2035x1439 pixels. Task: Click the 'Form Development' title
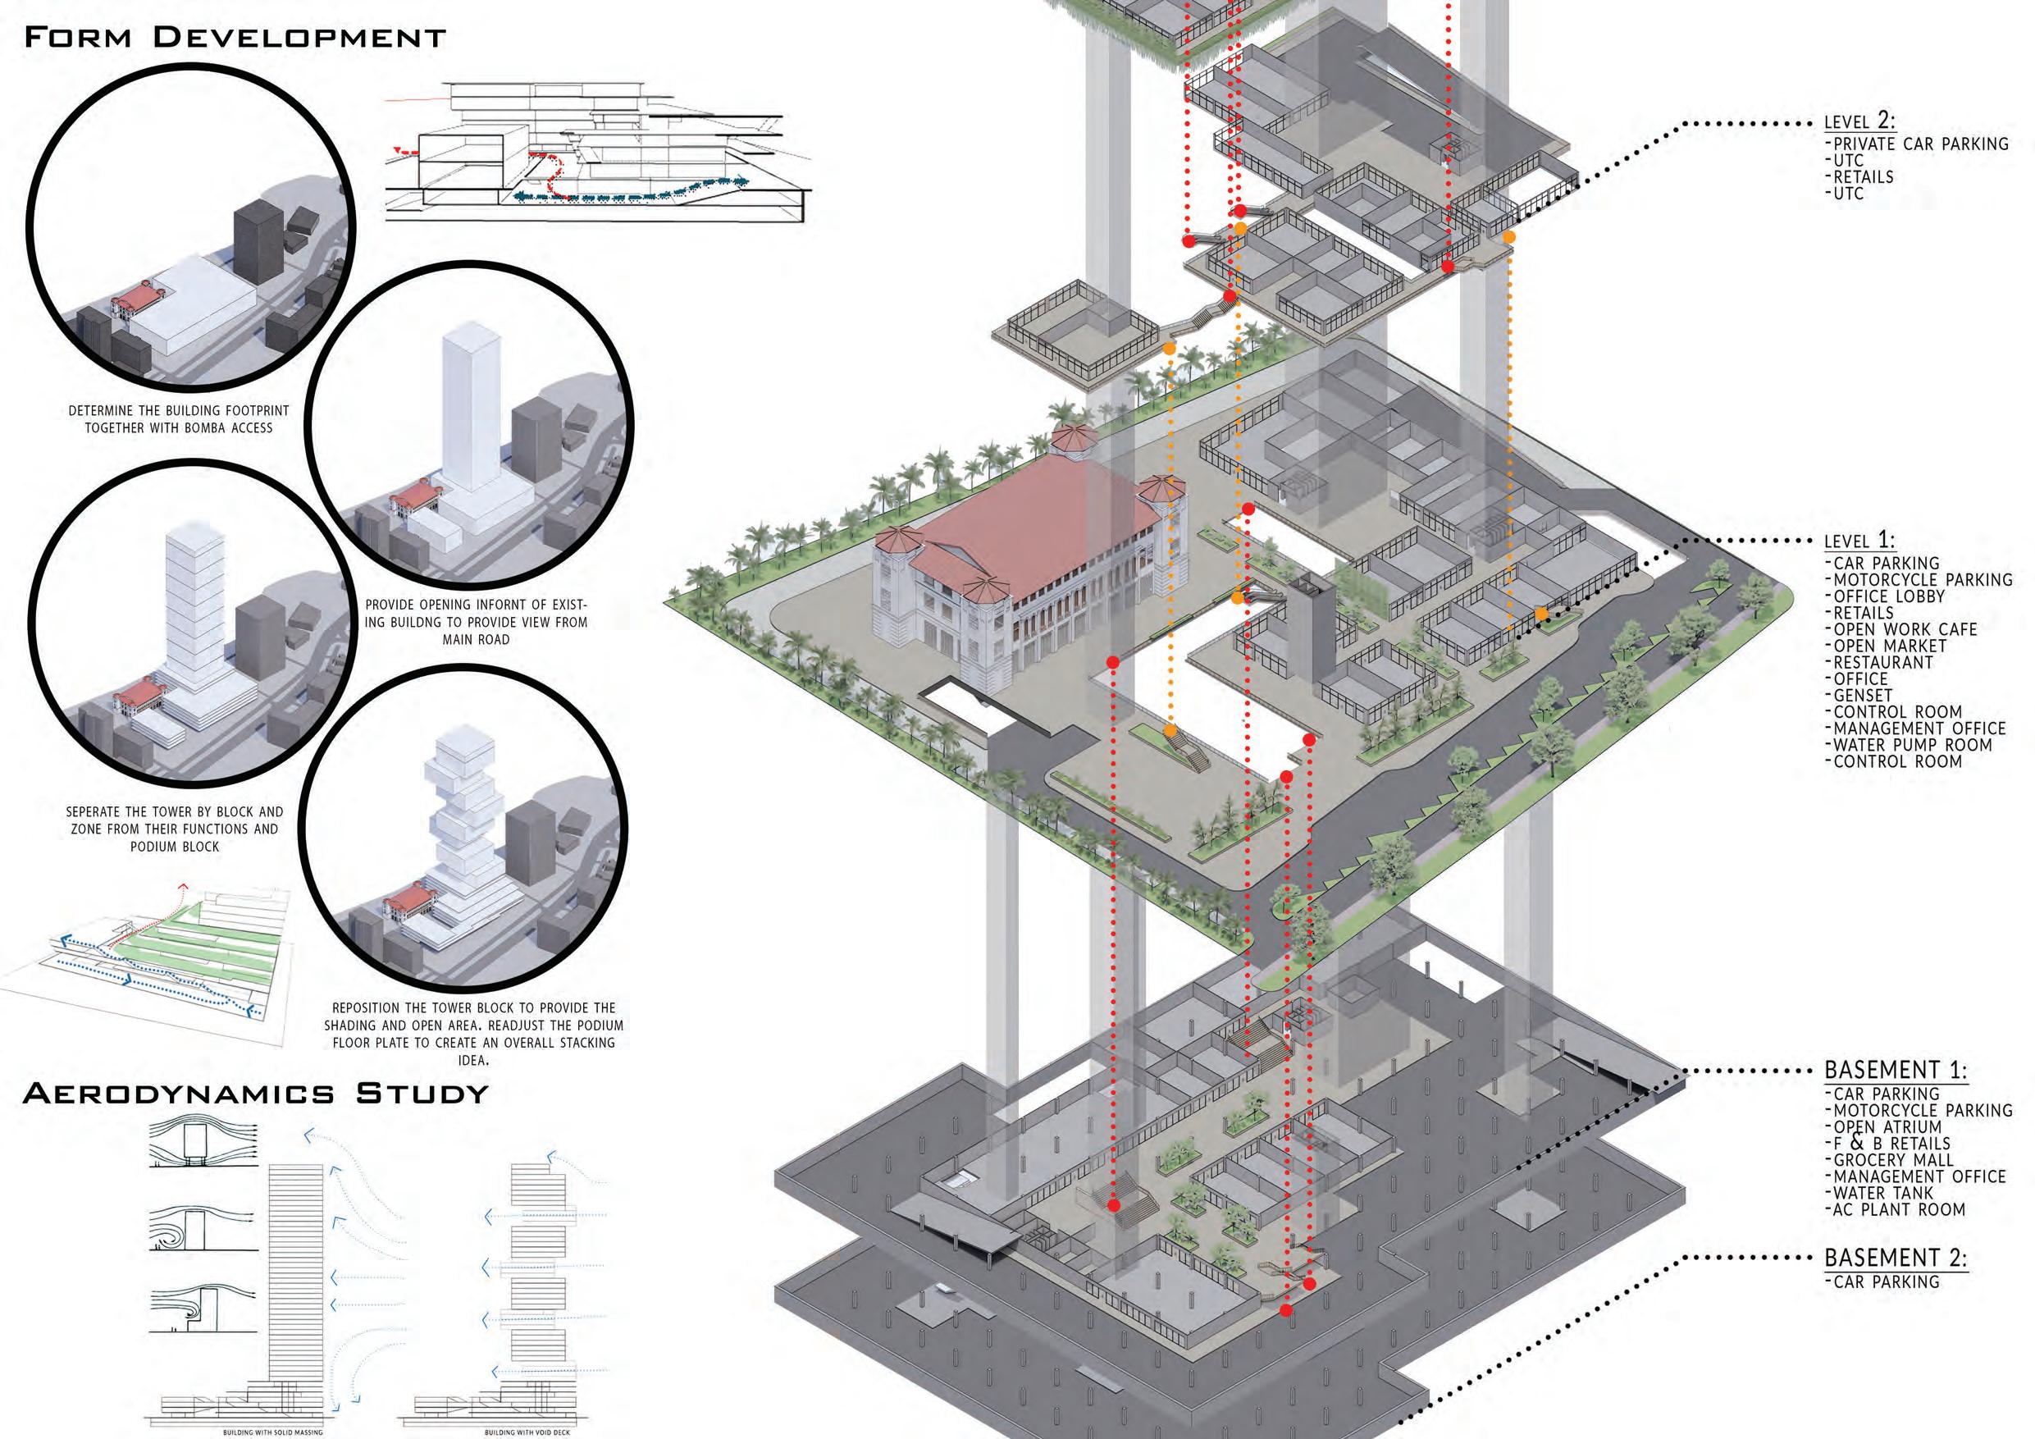point(234,38)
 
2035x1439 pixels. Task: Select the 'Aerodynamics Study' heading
point(255,1094)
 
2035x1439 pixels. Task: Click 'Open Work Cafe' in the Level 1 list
point(1905,629)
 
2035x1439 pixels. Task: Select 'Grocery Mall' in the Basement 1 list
point(1893,1160)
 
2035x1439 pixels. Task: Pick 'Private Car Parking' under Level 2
point(1921,144)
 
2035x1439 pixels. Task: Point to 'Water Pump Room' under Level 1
point(1913,746)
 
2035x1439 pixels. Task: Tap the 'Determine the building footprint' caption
point(179,419)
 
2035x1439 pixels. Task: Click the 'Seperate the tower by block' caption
point(175,829)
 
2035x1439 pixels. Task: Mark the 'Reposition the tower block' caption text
point(473,1034)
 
